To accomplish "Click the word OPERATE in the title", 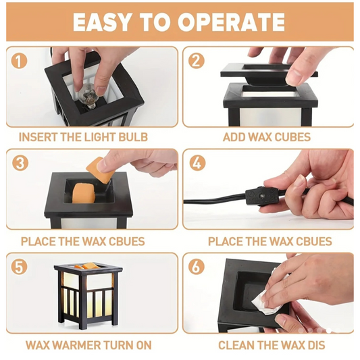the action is (231, 22).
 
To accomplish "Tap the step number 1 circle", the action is (19, 61).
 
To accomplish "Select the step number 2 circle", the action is (197, 61).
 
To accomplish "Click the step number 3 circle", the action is (20, 163).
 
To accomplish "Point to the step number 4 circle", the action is (197, 163).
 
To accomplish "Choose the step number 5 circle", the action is (19, 267).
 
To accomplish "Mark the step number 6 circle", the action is (197, 267).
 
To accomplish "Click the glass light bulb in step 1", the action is (88, 96).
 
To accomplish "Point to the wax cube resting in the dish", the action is (84, 193).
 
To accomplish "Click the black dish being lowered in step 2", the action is (269, 74).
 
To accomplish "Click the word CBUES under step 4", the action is (314, 242).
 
